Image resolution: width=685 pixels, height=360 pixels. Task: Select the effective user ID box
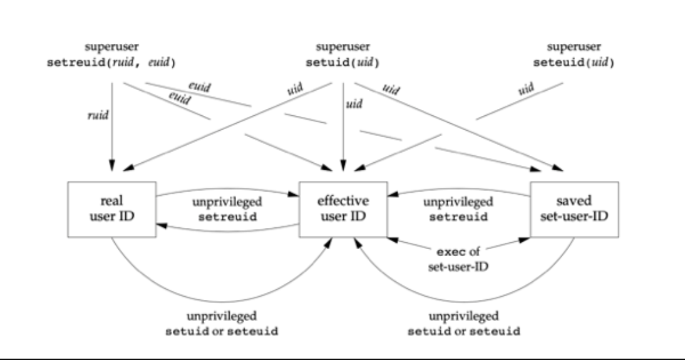point(343,209)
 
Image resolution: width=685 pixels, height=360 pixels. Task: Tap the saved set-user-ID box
point(574,209)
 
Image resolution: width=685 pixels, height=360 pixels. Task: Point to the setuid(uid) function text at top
point(343,63)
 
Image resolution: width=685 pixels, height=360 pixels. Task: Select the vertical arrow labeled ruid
point(111,125)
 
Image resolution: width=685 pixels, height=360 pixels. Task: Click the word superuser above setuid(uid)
point(343,47)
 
